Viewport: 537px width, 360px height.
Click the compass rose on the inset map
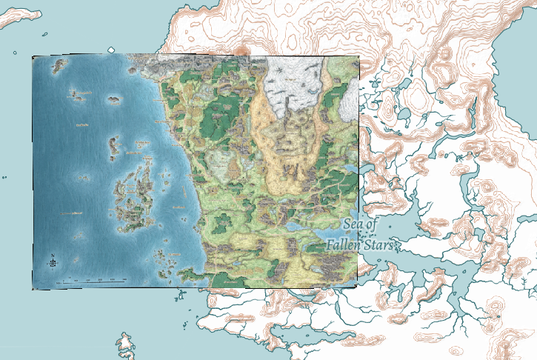point(53,261)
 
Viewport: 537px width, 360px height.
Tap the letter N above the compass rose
point(53,254)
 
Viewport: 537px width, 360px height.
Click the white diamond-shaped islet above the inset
point(111,50)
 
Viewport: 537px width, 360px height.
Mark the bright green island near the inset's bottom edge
point(223,280)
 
